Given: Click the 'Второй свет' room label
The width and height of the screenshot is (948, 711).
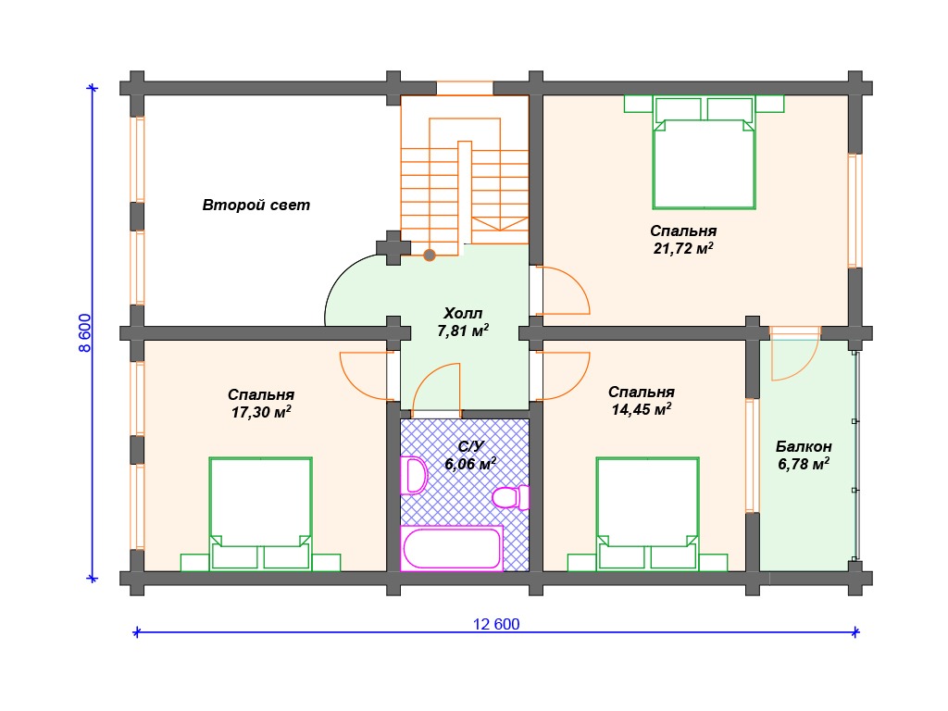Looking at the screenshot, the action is click(x=256, y=205).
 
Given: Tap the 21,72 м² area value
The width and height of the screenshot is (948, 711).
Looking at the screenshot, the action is click(x=683, y=248).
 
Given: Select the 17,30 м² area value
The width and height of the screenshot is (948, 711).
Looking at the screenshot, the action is click(x=261, y=412).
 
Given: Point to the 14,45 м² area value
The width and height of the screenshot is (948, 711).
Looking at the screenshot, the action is click(x=641, y=409).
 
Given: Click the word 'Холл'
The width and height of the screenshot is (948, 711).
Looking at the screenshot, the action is click(x=463, y=313).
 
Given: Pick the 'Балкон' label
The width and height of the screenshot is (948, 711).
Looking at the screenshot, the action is click(x=804, y=447).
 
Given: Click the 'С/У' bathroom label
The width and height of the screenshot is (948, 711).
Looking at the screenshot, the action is click(x=471, y=446).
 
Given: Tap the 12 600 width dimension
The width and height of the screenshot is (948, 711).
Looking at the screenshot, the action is click(x=496, y=624).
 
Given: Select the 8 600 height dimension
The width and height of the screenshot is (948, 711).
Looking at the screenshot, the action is click(x=84, y=332).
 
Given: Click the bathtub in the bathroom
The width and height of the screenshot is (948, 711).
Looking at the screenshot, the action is click(x=452, y=548).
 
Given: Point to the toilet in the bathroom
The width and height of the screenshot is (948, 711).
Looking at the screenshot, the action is click(x=511, y=497).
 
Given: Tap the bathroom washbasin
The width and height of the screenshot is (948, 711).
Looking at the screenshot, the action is click(x=414, y=475).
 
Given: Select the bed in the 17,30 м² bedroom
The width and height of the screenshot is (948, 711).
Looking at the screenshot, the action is click(x=260, y=514).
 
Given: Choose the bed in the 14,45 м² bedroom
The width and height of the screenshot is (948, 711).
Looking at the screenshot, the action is click(x=647, y=514).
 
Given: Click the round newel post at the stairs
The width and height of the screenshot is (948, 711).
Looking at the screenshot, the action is click(x=430, y=256).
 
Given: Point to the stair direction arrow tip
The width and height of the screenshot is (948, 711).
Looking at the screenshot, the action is click(x=500, y=231).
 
